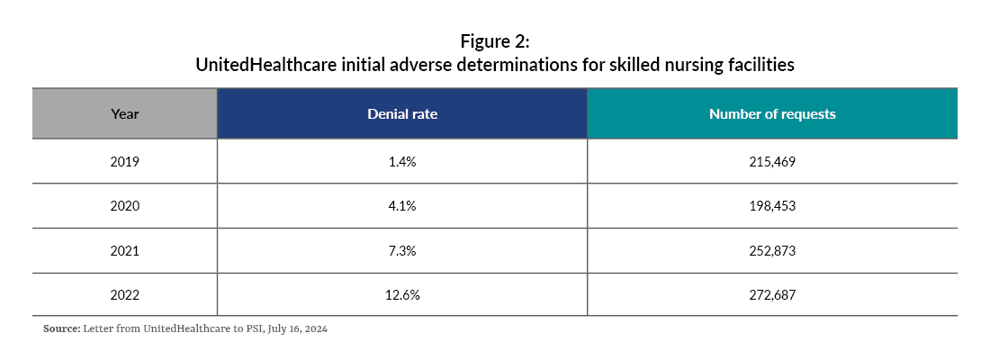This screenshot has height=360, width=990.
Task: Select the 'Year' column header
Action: pyautogui.click(x=124, y=114)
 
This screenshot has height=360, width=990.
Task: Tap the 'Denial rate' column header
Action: pyautogui.click(x=401, y=114)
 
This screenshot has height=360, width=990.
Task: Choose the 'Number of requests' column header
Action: pyautogui.click(x=771, y=114)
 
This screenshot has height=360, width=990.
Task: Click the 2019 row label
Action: pyautogui.click(x=124, y=162)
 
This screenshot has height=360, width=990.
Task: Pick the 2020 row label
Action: pyautogui.click(x=124, y=206)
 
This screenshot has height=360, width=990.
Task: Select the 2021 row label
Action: pyautogui.click(x=124, y=249)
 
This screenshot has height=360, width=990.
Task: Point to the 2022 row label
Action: pyautogui.click(x=124, y=293)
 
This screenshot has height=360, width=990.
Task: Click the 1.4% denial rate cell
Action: pyautogui.click(x=401, y=162)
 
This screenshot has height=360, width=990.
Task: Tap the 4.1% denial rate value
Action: pyautogui.click(x=401, y=206)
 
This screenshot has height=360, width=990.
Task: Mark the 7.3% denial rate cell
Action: pyautogui.click(x=401, y=249)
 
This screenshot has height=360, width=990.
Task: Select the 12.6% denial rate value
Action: pyautogui.click(x=401, y=293)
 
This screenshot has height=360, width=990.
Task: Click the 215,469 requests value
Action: pyautogui.click(x=771, y=162)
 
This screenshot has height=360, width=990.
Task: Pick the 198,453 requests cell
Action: pyautogui.click(x=771, y=206)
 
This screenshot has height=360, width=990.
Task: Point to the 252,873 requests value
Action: pyautogui.click(x=771, y=249)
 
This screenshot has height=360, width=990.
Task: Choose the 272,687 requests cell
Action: pyautogui.click(x=771, y=293)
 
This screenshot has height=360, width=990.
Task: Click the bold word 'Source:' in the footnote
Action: pyautogui.click(x=60, y=329)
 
